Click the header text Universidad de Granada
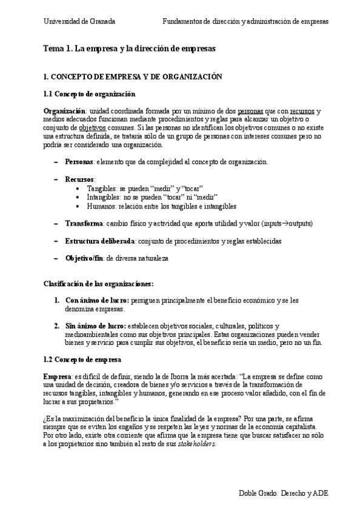pyautogui.click(x=79, y=21)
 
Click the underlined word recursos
pyautogui.click(x=302, y=112)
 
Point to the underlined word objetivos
pyautogui.click(x=93, y=128)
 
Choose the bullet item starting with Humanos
pyautogui.click(x=153, y=206)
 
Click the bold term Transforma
pyautogui.click(x=84, y=224)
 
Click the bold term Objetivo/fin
pyautogui.click(x=84, y=258)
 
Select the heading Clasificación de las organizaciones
pyautogui.click(x=98, y=284)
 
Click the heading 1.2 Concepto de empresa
pyautogui.click(x=82, y=359)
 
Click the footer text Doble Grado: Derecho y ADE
pyautogui.click(x=284, y=493)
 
